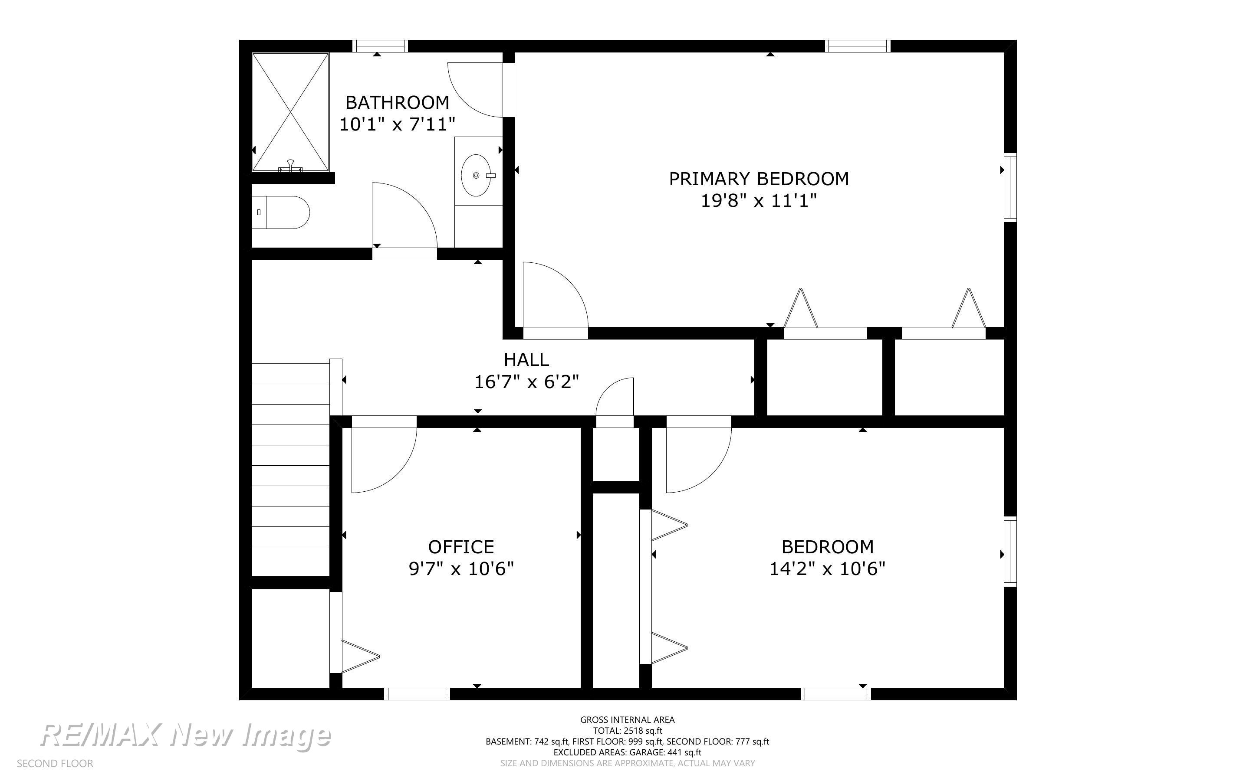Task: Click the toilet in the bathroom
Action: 281,212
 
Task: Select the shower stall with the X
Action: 290,112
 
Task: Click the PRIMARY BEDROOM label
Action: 759,179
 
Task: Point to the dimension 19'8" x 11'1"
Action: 759,201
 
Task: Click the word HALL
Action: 526,360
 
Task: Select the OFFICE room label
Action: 460,547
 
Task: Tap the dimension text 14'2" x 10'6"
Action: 827,569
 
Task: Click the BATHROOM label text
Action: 398,103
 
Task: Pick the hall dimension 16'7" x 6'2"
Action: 526,382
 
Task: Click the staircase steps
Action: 290,470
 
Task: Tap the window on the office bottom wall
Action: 417,694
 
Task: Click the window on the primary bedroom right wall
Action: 1010,188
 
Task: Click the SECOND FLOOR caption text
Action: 55,764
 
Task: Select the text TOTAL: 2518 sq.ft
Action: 628,731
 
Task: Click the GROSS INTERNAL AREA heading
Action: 627,720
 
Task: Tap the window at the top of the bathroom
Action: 380,46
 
